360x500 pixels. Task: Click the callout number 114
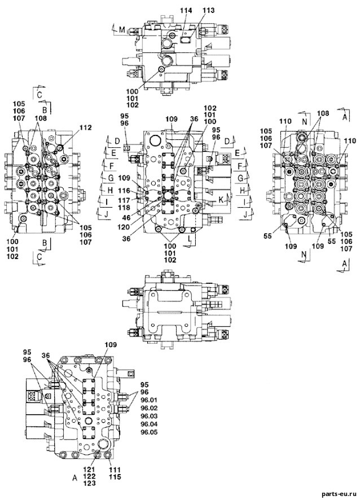click(x=186, y=11)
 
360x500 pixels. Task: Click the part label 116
click(x=124, y=191)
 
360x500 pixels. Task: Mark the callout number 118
click(x=124, y=208)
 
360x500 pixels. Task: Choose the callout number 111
click(x=115, y=470)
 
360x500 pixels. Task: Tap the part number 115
click(x=115, y=477)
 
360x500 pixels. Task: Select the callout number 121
click(x=90, y=470)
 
